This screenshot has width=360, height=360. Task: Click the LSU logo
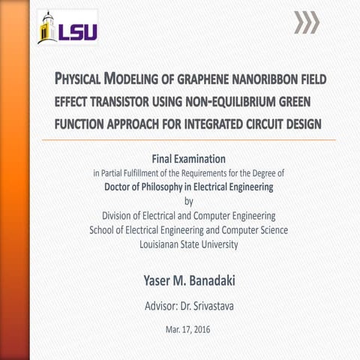[67, 28]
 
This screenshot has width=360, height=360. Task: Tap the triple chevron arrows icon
[306, 23]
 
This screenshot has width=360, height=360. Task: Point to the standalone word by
[188, 200]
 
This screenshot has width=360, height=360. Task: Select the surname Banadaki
[207, 280]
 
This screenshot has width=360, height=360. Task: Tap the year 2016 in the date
[201, 329]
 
